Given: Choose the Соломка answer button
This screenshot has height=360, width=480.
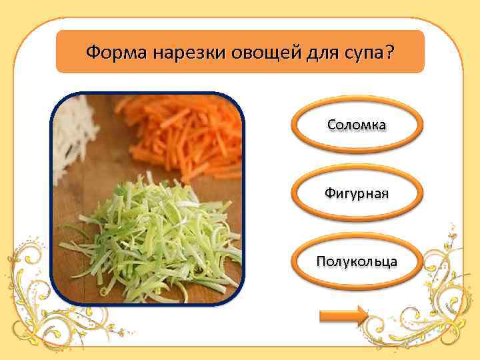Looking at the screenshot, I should click(x=357, y=125).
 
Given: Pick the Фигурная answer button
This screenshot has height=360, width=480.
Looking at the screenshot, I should click(x=357, y=193).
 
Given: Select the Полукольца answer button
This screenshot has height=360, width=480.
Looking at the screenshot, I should click(x=357, y=261).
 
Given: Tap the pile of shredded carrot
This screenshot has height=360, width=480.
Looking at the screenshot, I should click(x=187, y=130).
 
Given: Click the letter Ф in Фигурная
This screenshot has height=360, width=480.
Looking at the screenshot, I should click(x=329, y=193).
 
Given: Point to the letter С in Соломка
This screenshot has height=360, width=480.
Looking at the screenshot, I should click(x=331, y=125).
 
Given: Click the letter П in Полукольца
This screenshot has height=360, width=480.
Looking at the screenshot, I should click(x=321, y=261).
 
